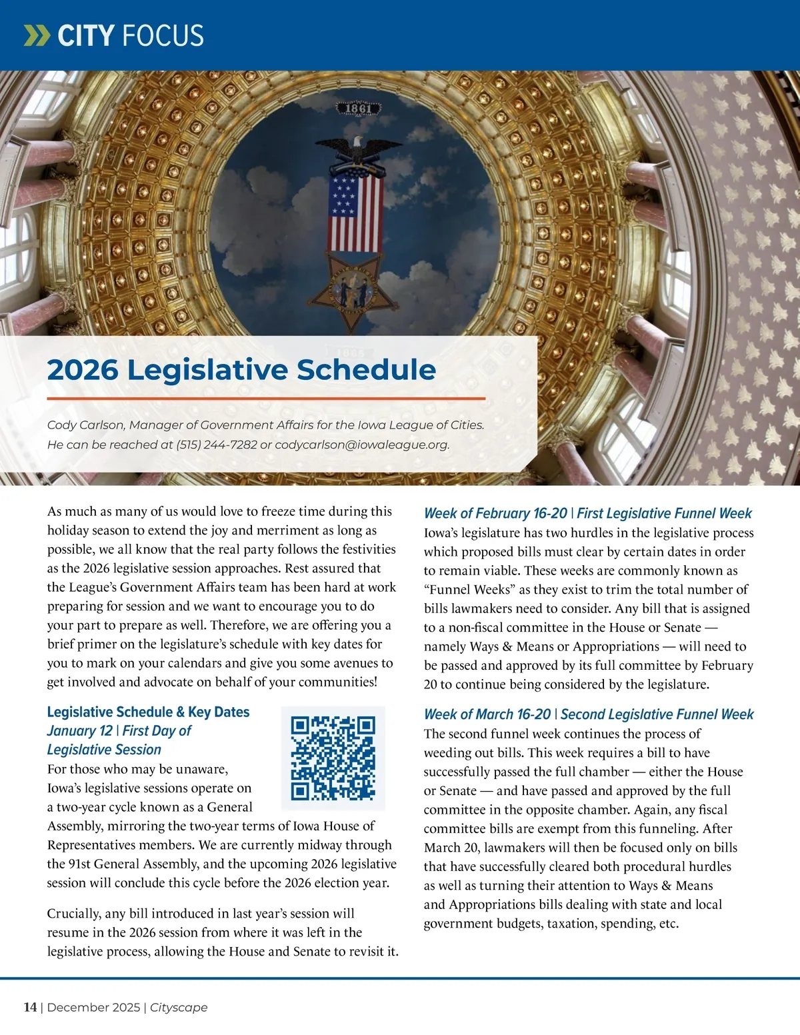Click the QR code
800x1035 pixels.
pos(333,758)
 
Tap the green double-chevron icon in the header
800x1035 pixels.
pos(37,35)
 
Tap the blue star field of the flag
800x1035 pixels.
pos(343,197)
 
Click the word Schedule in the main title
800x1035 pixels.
pos(367,370)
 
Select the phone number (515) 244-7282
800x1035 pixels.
pos(217,445)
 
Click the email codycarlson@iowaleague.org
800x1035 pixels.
pos(361,445)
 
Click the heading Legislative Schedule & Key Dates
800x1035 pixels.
pos(148,712)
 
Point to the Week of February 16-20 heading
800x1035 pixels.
pos(495,513)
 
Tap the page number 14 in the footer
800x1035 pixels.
pos(30,1007)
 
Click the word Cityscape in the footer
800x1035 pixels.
pos(179,1007)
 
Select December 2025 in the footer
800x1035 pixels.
pos(93,1007)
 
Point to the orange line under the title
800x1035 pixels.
pos(266,399)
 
